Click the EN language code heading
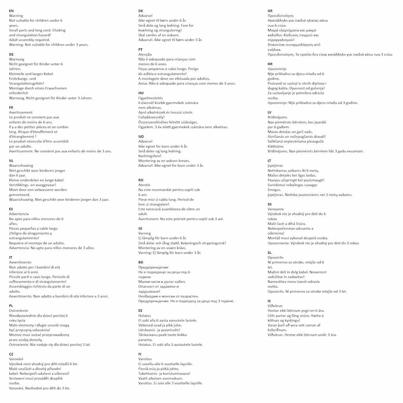click(11, 11)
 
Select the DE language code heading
click(11, 54)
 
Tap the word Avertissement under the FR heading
click(20, 112)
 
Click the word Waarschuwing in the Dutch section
click(21, 166)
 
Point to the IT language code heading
click(11, 257)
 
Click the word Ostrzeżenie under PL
click(19, 311)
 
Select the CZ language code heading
click(11, 354)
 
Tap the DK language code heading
click(141, 11)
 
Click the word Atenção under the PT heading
click(145, 54)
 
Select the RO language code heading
click(141, 180)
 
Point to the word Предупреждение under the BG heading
click(153, 267)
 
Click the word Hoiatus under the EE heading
click(144, 316)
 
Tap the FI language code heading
click(140, 354)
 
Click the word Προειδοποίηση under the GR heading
click(280, 16)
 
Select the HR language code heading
click(270, 64)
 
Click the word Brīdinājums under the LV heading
click(277, 117)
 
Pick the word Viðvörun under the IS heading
click(275, 306)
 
